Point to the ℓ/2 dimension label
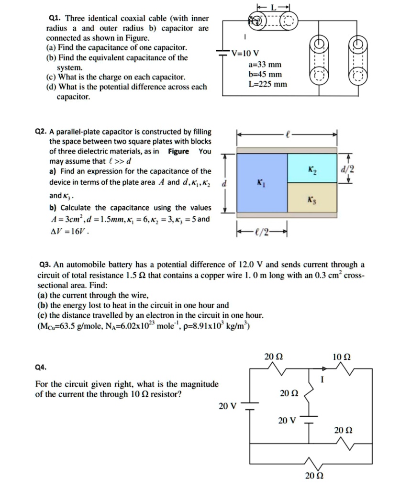pyautogui.click(x=263, y=232)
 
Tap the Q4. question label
pyautogui.click(x=41, y=367)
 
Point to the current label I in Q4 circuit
pyautogui.click(x=323, y=380)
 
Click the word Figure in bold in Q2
pyautogui.click(x=178, y=152)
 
